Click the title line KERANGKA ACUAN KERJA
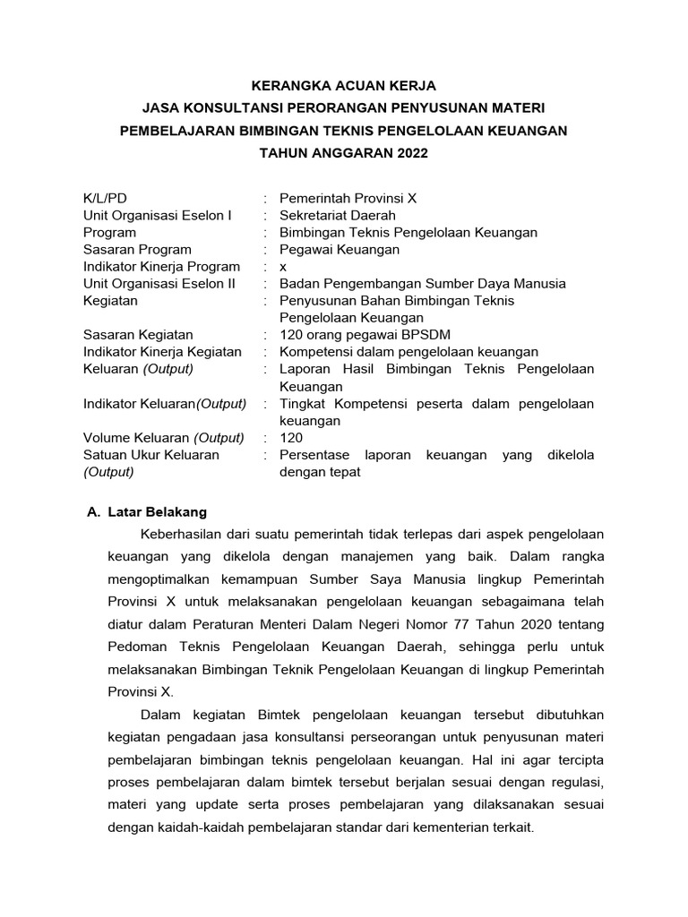pyautogui.click(x=344, y=86)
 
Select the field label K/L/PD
pyautogui.click(x=112, y=198)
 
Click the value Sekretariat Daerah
pyautogui.click(x=337, y=215)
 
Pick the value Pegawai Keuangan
pyautogui.click(x=340, y=249)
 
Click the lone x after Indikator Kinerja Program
pyautogui.click(x=283, y=266)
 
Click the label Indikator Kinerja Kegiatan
pyautogui.click(x=162, y=352)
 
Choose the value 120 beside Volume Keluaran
pyautogui.click(x=291, y=438)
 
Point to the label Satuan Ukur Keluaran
pyautogui.click(x=150, y=455)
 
